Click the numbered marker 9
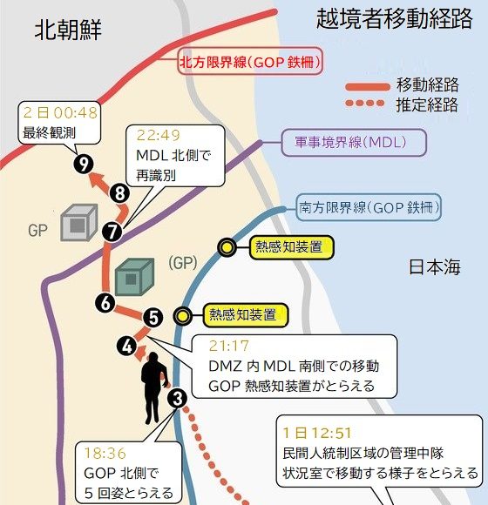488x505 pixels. pyautogui.click(x=84, y=164)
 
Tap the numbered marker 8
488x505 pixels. pyautogui.click(x=120, y=193)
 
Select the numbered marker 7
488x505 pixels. pyautogui.click(x=112, y=232)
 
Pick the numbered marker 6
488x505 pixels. pyautogui.click(x=105, y=303)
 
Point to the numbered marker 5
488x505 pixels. pyautogui.click(x=152, y=318)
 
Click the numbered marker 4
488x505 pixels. pyautogui.click(x=127, y=346)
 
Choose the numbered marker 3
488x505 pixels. pyautogui.click(x=177, y=399)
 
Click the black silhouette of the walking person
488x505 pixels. pyautogui.click(x=153, y=387)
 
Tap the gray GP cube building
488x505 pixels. pyautogui.click(x=79, y=223)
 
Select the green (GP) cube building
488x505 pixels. pyautogui.click(x=134, y=277)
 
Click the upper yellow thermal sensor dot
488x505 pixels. pyautogui.click(x=227, y=247)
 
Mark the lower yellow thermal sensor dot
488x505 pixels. pyautogui.click(x=183, y=315)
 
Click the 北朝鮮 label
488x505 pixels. pyautogui.click(x=68, y=30)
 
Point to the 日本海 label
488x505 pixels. pyautogui.click(x=435, y=267)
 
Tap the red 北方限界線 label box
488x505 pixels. pyautogui.click(x=250, y=61)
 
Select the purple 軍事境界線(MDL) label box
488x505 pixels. pyautogui.click(x=354, y=143)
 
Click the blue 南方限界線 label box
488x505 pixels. pyautogui.click(x=369, y=207)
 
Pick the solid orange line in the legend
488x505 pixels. pyautogui.click(x=368, y=87)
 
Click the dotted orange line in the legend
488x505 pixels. pyautogui.click(x=365, y=103)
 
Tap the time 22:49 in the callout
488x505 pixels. pyautogui.click(x=159, y=135)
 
